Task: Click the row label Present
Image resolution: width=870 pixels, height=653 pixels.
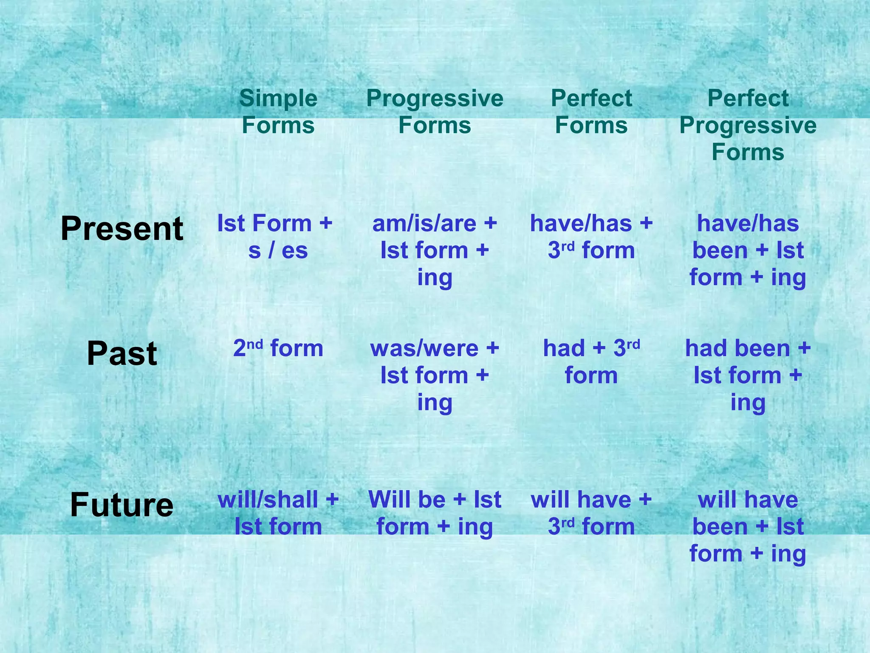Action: [x=122, y=229]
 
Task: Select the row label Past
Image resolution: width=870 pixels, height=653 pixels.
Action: [x=122, y=354]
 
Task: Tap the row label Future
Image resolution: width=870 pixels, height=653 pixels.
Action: [x=122, y=505]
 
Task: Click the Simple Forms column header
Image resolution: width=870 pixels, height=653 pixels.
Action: [x=278, y=112]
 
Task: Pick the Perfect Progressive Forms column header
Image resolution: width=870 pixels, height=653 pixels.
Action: [x=748, y=125]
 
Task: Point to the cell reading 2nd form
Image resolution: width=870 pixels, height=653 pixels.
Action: [x=278, y=349]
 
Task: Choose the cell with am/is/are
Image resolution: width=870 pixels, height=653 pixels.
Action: [x=435, y=250]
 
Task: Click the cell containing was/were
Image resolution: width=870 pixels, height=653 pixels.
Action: [x=435, y=375]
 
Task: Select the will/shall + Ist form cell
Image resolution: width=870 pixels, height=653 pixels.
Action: [x=278, y=513]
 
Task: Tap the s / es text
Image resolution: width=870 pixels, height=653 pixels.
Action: [x=278, y=250]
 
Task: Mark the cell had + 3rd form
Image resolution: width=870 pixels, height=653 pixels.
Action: [x=591, y=362]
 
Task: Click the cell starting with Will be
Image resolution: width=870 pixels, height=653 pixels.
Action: [x=435, y=513]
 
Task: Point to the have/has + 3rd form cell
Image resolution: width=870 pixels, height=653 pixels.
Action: [x=591, y=237]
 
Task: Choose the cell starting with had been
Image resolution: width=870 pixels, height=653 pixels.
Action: [x=748, y=375]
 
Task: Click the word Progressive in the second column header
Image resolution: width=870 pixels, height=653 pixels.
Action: [x=435, y=99]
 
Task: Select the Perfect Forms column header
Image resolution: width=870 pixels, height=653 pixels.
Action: [x=591, y=112]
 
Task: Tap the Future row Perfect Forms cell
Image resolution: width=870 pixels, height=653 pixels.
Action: [x=591, y=513]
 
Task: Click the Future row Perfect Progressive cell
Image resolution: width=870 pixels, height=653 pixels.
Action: [x=748, y=526]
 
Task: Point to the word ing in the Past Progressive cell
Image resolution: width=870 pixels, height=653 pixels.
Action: [x=435, y=402]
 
